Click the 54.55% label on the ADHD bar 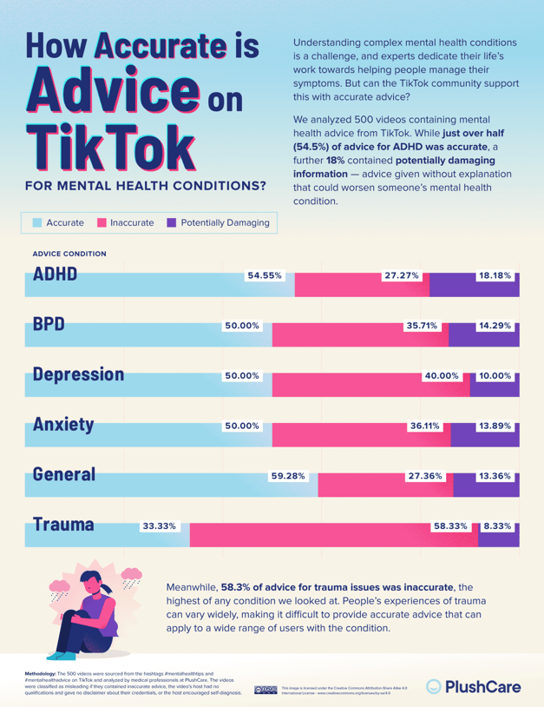pos(265,276)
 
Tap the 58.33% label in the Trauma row pos(450,526)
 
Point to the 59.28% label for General pos(288,477)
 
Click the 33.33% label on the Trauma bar pos(159,526)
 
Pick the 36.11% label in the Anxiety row pos(425,426)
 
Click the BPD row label pos(49,325)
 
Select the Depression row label pos(78,374)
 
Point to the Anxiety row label pos(63,425)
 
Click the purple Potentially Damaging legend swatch pos(171,223)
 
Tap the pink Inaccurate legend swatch pos(102,223)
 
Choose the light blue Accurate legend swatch pos(36,223)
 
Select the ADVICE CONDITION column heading pos(69,254)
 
